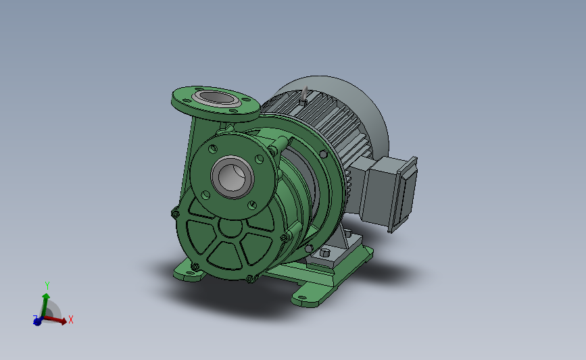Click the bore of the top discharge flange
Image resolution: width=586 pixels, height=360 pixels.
pos(216,98)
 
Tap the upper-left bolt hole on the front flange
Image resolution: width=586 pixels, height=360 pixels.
pos(213,149)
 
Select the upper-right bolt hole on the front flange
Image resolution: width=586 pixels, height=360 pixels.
pos(259,159)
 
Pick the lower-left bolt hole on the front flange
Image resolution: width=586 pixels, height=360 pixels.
pos(205,195)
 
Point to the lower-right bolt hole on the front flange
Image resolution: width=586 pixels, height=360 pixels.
pos(252,205)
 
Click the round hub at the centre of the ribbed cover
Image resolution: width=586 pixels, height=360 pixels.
pos(230,228)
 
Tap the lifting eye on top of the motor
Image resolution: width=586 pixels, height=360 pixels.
pos(304,96)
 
